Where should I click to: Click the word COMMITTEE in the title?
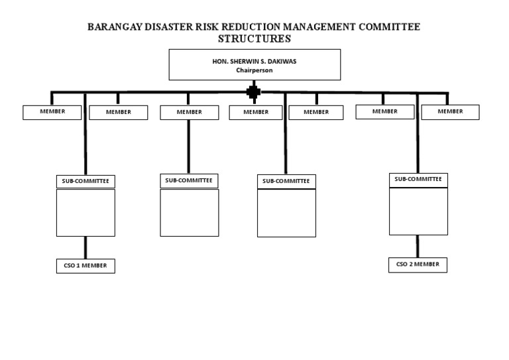390,27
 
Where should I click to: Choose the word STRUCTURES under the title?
254,39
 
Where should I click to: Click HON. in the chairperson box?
211,61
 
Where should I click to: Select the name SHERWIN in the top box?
238,61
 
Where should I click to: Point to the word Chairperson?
254,70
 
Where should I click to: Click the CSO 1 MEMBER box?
85,266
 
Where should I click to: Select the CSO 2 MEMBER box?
418,265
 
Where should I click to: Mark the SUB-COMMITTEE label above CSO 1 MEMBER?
85,181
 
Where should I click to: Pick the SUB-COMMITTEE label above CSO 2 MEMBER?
418,179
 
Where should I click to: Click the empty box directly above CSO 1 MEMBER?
85,212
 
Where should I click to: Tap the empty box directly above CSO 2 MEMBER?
418,211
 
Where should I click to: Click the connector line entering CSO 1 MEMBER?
85,247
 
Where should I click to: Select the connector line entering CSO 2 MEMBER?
418,246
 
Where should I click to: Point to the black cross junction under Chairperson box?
253,91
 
